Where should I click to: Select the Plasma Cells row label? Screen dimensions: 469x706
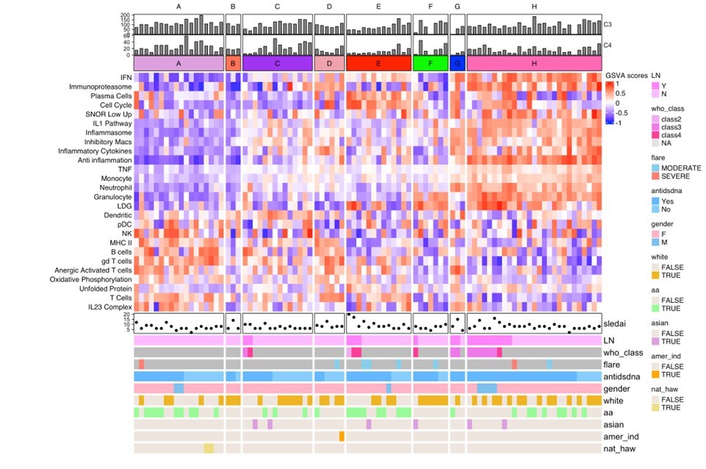111,96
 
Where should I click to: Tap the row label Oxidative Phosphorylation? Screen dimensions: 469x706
91,279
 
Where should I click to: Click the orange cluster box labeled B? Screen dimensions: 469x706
233,64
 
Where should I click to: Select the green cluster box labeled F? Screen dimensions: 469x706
430,64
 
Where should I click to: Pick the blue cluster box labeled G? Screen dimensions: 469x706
458,64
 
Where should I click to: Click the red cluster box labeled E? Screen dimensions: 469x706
378,64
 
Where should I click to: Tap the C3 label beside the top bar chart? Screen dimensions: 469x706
608,24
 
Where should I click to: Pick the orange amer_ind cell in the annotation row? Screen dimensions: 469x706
342,436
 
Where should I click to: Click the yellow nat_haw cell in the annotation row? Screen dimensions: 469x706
209,448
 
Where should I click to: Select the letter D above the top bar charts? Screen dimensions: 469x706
329,7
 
